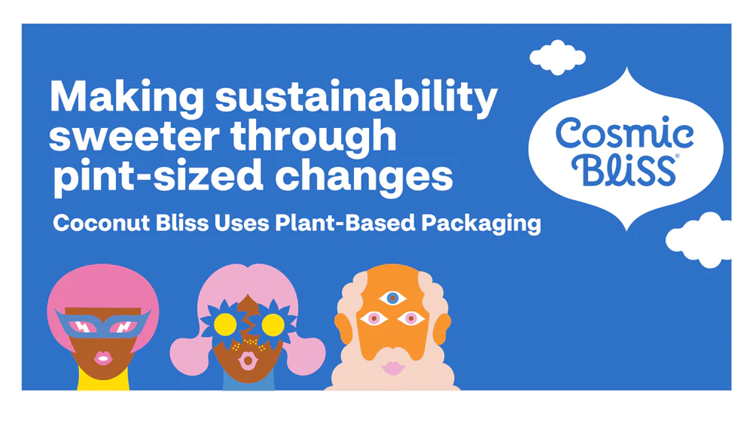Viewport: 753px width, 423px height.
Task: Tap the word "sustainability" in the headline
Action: pyautogui.click(x=356, y=98)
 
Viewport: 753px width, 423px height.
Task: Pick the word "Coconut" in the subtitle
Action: pyautogui.click(x=101, y=223)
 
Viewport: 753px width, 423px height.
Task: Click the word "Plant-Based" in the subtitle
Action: pyautogui.click(x=345, y=223)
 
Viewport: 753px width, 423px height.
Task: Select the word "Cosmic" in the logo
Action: pyautogui.click(x=624, y=134)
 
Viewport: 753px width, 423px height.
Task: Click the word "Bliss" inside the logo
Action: pyautogui.click(x=623, y=169)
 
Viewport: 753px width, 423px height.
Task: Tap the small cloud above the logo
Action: pyautogui.click(x=557, y=57)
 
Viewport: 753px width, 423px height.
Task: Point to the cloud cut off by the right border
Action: pyautogui.click(x=698, y=239)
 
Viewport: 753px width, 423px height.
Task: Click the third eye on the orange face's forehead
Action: pyautogui.click(x=392, y=298)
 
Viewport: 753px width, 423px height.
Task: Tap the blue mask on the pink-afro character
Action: pyautogui.click(x=102, y=324)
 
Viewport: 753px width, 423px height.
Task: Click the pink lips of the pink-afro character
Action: pyautogui.click(x=102, y=358)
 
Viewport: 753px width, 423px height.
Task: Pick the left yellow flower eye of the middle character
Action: pyautogui.click(x=224, y=324)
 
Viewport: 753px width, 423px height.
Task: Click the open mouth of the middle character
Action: pyautogui.click(x=247, y=361)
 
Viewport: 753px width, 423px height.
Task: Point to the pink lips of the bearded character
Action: pyautogui.click(x=393, y=368)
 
